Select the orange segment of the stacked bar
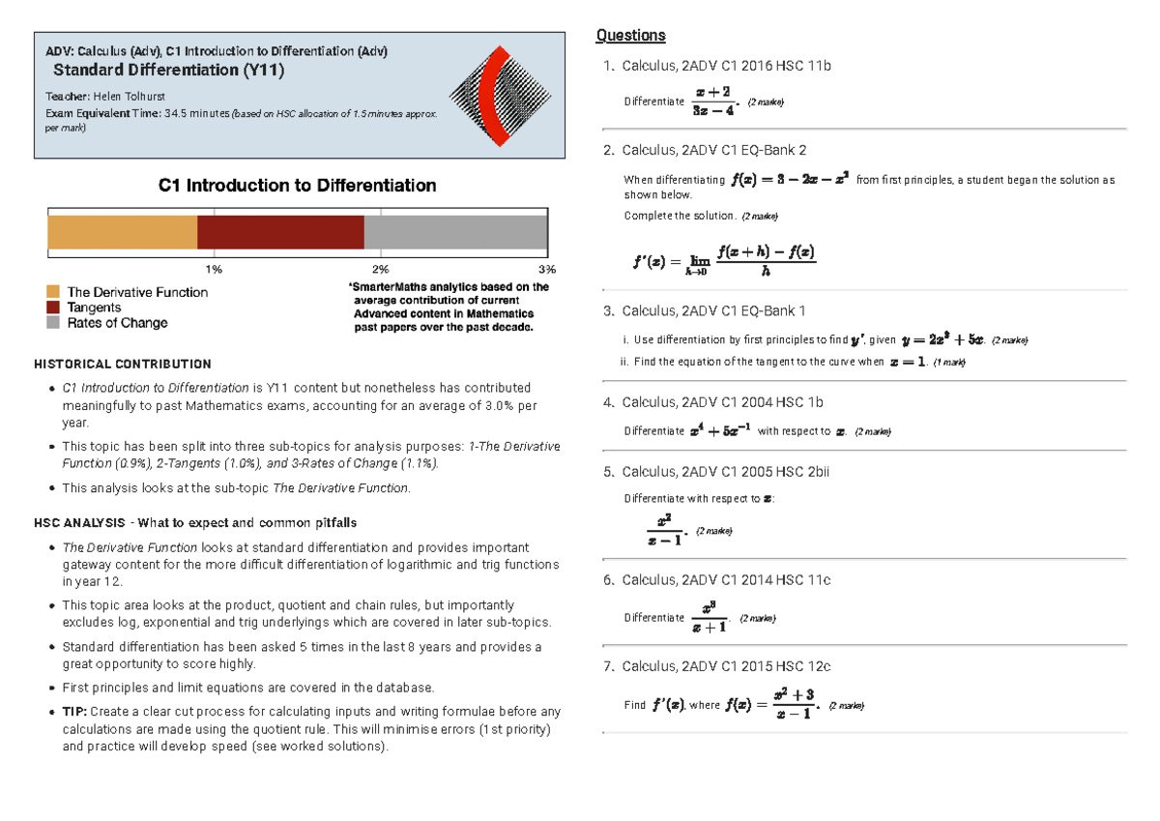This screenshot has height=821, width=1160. [x=122, y=233]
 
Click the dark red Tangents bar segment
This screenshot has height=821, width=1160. [x=280, y=233]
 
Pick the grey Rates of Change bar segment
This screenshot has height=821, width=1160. [x=455, y=233]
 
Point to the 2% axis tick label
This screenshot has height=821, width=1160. [x=381, y=268]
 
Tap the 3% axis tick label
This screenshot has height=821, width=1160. [x=547, y=268]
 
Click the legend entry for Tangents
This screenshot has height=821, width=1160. [x=95, y=308]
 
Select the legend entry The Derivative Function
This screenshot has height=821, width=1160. [x=136, y=292]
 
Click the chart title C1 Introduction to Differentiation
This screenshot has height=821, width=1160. [x=297, y=185]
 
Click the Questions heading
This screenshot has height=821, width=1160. [x=630, y=36]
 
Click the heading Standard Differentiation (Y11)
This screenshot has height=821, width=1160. [x=169, y=70]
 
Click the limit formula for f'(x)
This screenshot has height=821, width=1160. [x=724, y=261]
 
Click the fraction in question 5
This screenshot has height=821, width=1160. [x=664, y=530]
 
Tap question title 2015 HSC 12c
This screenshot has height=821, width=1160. [x=726, y=666]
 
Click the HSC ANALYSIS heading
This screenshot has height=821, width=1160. [x=194, y=522]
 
